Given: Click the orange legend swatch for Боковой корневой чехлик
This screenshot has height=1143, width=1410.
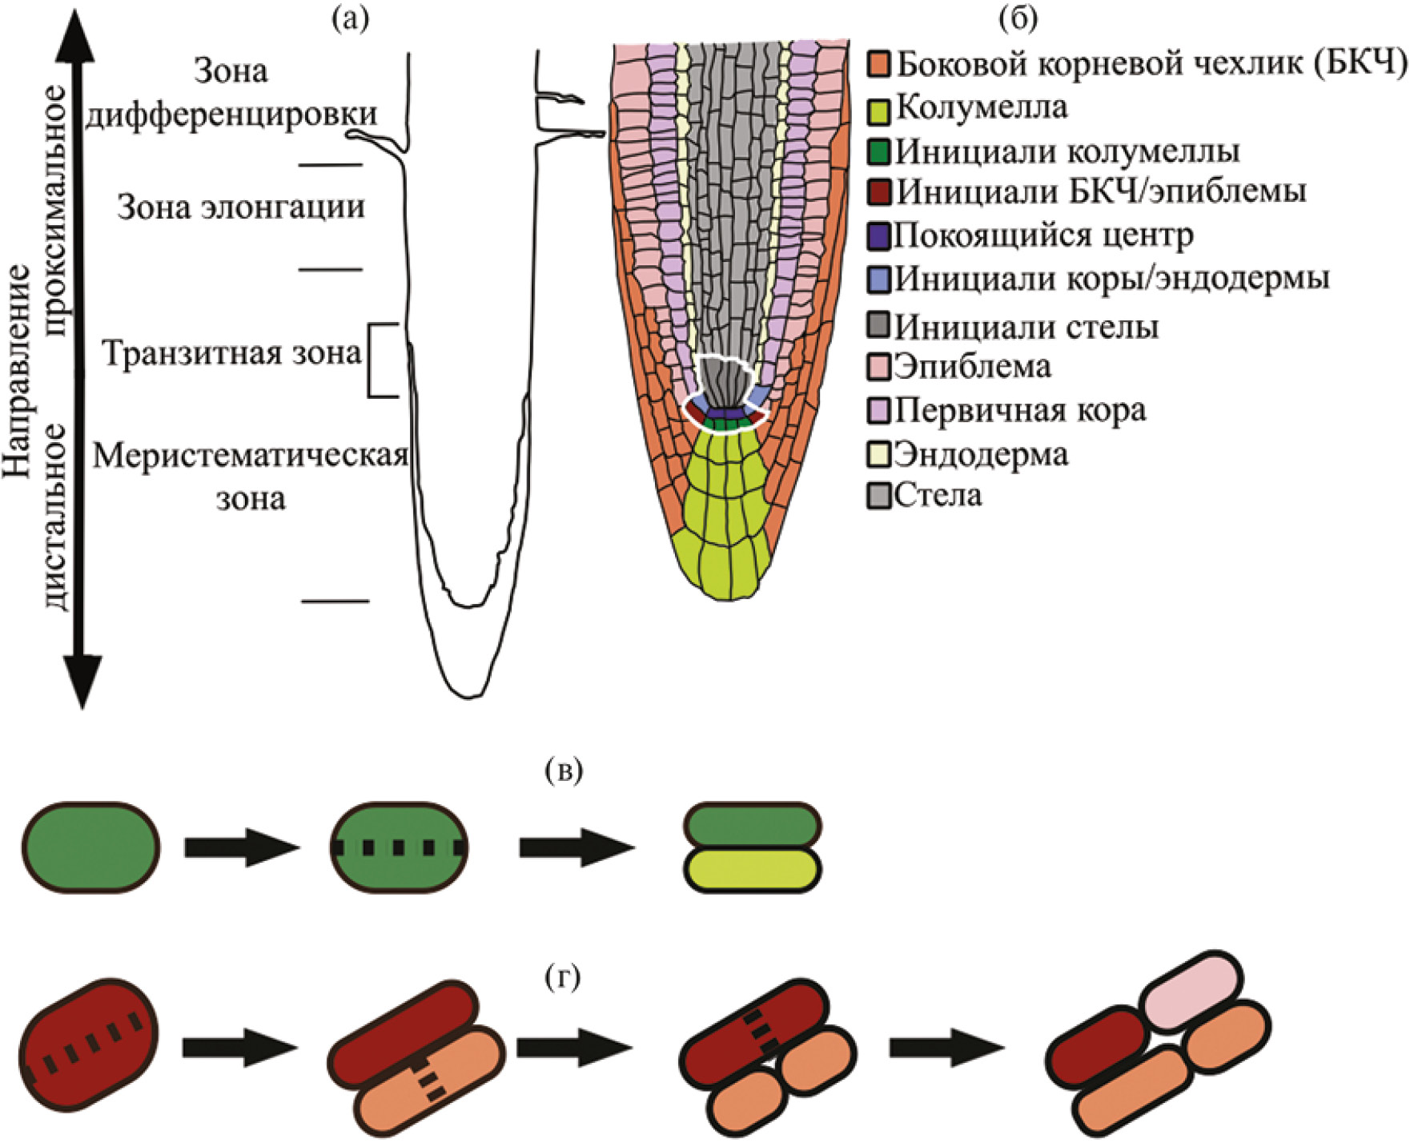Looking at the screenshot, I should point(880,65).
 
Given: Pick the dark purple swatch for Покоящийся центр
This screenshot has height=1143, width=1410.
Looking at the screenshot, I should point(880,235).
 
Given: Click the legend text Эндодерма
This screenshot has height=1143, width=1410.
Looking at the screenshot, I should point(981,454).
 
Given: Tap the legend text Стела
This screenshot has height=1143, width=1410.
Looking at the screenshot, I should point(938,495).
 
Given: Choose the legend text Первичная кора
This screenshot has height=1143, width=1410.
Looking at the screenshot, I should point(1020,410).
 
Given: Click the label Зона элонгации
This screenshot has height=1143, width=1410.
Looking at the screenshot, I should point(241,207).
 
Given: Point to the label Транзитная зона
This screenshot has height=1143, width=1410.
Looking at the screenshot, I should point(232,353).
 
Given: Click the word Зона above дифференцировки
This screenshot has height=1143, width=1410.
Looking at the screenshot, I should point(231,71).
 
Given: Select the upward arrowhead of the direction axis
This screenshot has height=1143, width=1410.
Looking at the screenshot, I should point(74,36).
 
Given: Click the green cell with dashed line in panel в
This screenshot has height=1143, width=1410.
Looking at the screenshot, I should point(400,847).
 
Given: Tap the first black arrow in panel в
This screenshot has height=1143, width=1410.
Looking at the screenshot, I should point(241,847).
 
